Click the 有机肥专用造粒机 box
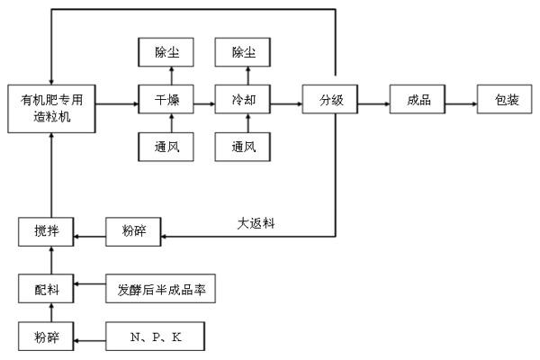[51, 105]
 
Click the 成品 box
[414, 99]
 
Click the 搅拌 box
[44, 232]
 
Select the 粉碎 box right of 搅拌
[135, 232]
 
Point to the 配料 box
[44, 289]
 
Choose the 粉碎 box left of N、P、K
[44, 337]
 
